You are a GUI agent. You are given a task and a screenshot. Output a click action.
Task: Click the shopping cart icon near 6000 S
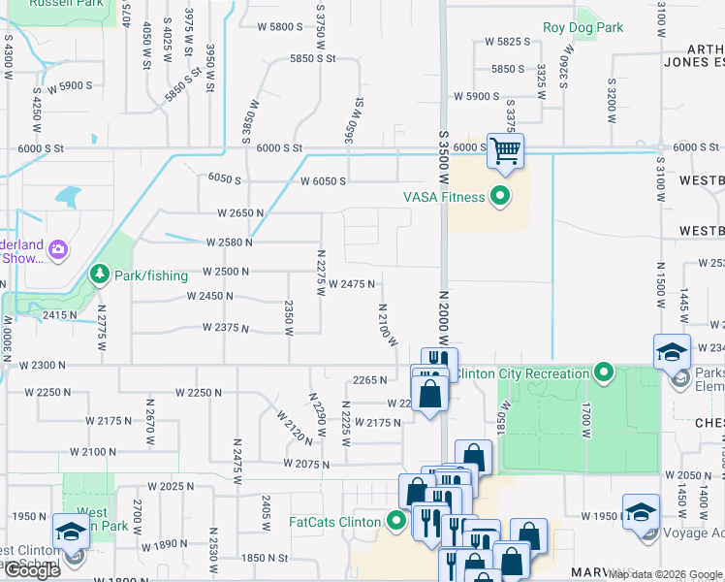[x=505, y=150]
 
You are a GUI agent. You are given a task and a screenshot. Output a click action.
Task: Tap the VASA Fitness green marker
[x=500, y=197]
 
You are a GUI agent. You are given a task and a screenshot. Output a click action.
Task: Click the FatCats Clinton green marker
[x=396, y=521]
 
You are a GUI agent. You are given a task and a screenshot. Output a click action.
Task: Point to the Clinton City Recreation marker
[x=604, y=372]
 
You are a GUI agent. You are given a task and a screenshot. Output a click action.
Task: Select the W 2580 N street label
[x=229, y=242]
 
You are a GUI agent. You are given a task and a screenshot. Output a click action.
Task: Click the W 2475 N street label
[x=352, y=284]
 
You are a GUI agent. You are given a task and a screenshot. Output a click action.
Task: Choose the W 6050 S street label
[x=324, y=182]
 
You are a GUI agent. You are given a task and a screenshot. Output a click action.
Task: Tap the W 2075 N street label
[x=306, y=464]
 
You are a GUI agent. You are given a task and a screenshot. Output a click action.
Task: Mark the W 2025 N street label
[x=171, y=486]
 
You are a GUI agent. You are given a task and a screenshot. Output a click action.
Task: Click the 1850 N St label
[x=265, y=558]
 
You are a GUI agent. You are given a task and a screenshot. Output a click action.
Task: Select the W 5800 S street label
[x=280, y=26]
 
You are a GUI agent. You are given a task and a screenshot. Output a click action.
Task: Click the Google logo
[x=32, y=570]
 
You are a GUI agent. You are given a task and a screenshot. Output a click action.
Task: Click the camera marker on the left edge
[x=57, y=250]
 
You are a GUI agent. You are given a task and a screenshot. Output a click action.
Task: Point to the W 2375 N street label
[x=227, y=328]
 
